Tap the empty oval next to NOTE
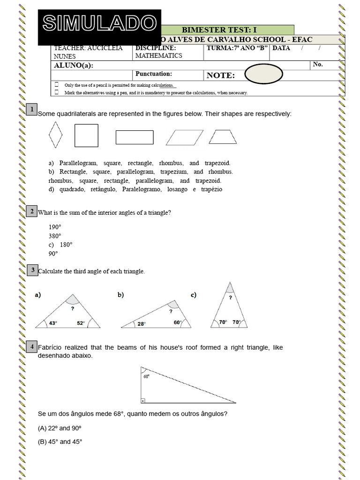click(263, 74)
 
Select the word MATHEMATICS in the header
click(158, 56)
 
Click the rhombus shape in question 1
click(55, 135)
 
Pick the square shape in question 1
click(86, 135)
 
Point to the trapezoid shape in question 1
click(223, 136)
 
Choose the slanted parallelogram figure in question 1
click(185, 137)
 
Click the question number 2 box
click(32, 211)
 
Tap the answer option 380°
click(55, 236)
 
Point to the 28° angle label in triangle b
click(141, 323)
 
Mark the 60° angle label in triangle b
click(177, 322)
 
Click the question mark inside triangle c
click(230, 297)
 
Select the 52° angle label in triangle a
click(81, 323)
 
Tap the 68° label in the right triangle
click(147, 376)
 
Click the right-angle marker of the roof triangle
click(142, 401)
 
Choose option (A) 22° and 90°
click(60, 428)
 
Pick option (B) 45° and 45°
click(60, 442)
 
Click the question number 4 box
click(32, 347)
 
